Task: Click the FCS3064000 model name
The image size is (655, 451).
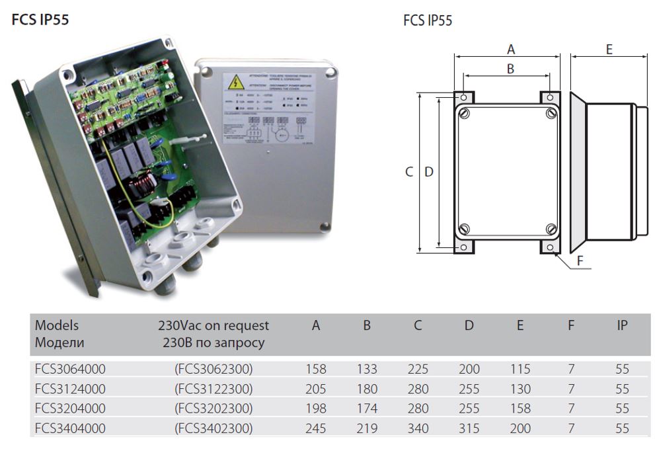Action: point(70,369)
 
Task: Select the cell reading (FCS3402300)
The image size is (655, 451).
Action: point(213,429)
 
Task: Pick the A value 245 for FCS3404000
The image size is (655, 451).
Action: point(316,429)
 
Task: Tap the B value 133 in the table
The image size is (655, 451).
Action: point(367,369)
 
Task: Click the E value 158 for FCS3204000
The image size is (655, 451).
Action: point(520,409)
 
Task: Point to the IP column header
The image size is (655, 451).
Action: point(622,325)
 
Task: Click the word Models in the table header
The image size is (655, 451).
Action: point(57,325)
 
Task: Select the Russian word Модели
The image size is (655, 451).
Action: point(59,343)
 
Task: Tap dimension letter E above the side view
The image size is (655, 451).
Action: point(609,50)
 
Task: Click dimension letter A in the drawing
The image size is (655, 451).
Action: point(510,49)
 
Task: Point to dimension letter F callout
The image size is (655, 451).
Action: point(580,261)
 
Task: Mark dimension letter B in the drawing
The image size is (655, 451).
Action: point(510,68)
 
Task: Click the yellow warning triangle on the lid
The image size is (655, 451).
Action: point(235,83)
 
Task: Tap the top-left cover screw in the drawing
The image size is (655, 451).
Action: point(465,114)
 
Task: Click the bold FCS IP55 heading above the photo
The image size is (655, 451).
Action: point(40,20)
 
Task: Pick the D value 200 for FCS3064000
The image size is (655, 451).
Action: point(469,369)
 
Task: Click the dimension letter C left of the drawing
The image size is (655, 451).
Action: point(409,172)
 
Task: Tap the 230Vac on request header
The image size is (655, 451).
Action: point(213,325)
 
